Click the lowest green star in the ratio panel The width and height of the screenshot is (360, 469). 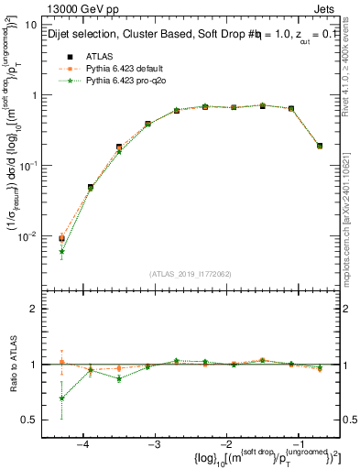[61, 398]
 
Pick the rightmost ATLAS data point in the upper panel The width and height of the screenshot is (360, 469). [319, 145]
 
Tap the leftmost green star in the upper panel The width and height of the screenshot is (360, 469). [61, 251]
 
